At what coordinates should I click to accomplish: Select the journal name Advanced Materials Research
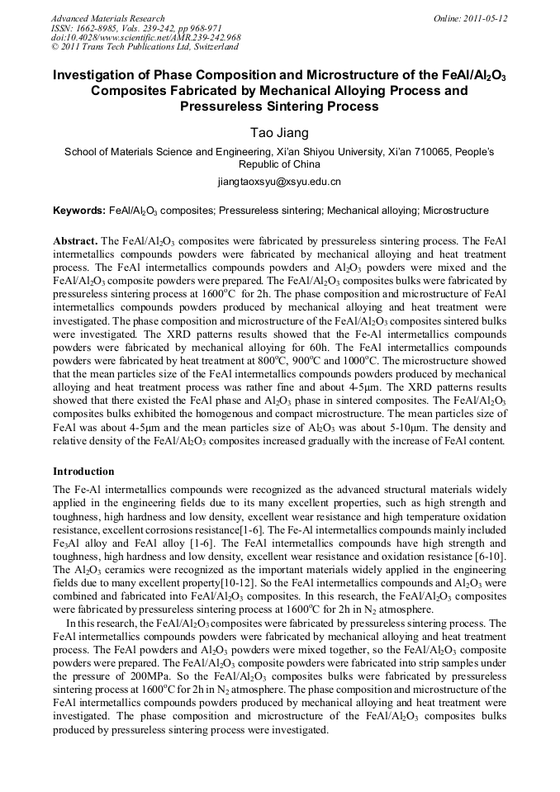107,18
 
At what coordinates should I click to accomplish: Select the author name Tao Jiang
279,132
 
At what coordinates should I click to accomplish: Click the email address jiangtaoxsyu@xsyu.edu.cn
279,181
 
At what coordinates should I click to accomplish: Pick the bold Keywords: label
78,211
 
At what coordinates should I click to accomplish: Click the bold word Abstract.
76,240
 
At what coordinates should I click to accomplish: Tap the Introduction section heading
83,472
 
